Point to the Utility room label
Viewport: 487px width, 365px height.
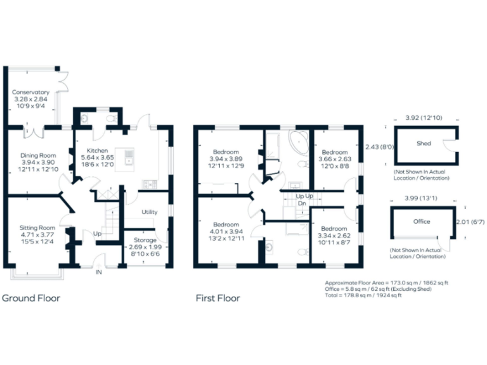(x=150, y=212)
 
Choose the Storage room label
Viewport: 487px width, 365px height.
(x=146, y=239)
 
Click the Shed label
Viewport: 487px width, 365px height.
(x=424, y=143)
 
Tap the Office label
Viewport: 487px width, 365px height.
(x=422, y=222)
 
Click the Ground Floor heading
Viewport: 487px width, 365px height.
(x=31, y=298)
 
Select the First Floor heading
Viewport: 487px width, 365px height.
(x=219, y=298)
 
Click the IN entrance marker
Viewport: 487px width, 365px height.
(x=99, y=272)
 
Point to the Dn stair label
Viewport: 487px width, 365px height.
(x=302, y=203)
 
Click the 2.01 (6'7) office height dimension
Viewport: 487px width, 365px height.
(x=470, y=222)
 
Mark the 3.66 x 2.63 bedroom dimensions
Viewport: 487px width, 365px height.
(x=334, y=159)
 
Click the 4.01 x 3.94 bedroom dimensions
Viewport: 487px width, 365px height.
(x=226, y=231)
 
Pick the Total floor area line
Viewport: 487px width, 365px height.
(x=363, y=295)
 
